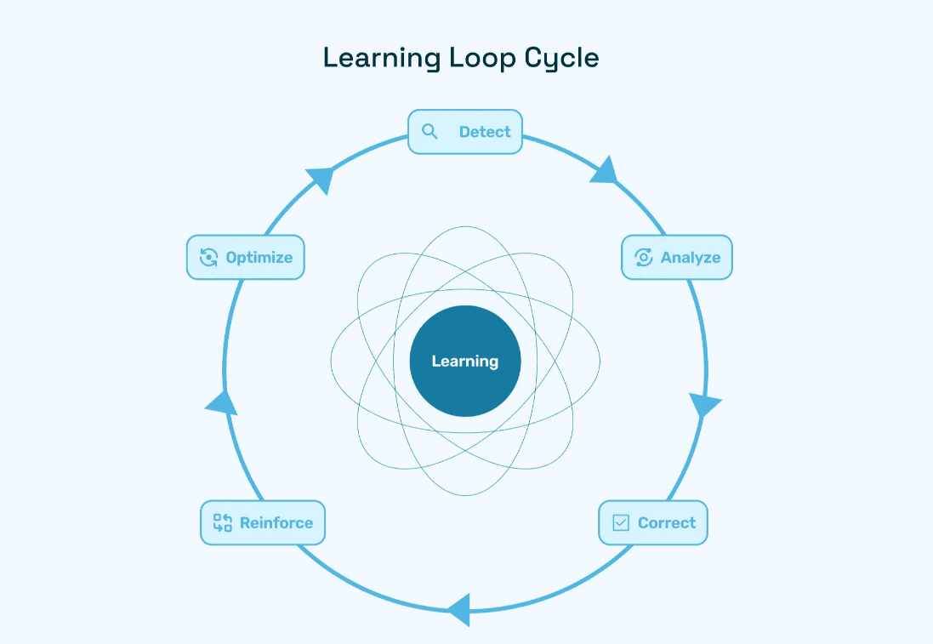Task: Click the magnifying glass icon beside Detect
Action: [x=430, y=132]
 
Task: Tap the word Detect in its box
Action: [x=485, y=132]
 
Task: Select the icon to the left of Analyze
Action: [x=644, y=258]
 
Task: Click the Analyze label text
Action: [x=691, y=258]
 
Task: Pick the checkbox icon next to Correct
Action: [x=621, y=523]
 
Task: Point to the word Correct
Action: [x=667, y=523]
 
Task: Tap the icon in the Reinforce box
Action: [x=222, y=523]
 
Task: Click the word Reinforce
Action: [x=276, y=523]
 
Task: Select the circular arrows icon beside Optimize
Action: [x=208, y=258]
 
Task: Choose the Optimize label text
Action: [x=259, y=258]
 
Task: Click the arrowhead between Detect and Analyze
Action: [x=605, y=170]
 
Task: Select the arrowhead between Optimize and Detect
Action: [x=321, y=180]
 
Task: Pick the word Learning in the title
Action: [x=382, y=58]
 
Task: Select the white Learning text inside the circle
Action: [x=465, y=362]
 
